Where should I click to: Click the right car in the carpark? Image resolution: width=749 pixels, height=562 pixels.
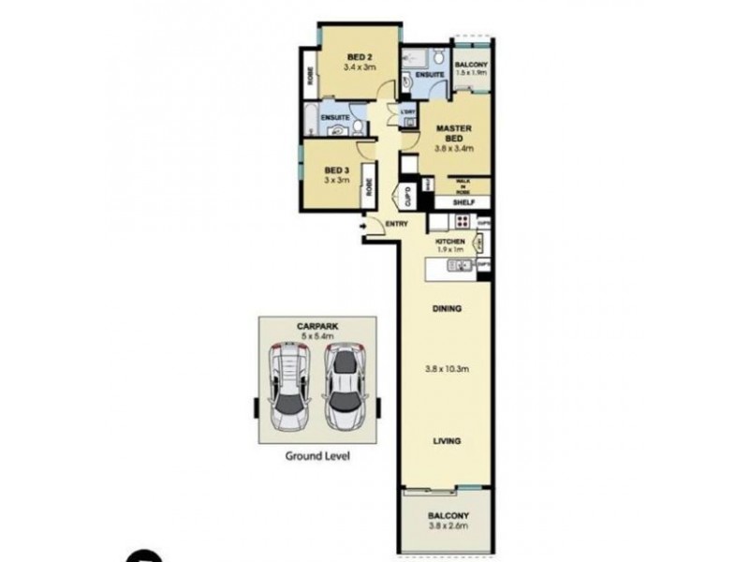coord(344,385)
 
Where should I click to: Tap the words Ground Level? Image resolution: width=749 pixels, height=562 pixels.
coord(317,457)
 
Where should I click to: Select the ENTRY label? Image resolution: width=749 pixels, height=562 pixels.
coord(397,223)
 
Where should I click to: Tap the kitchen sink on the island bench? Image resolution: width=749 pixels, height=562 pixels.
coord(458,267)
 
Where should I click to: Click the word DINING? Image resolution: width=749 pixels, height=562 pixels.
coord(448,309)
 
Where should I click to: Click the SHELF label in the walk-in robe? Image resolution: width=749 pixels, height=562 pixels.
coord(463,200)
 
